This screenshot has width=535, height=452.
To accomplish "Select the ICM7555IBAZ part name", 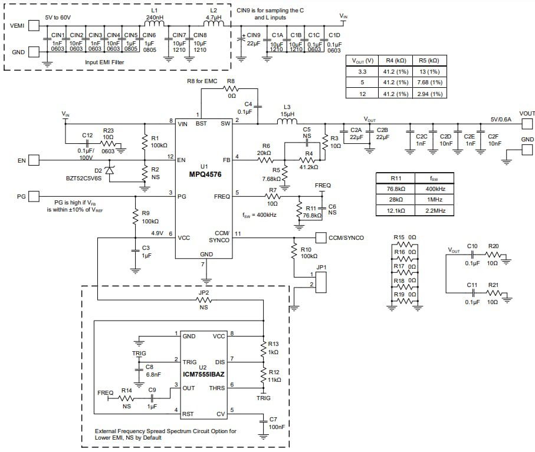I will [x=204, y=374].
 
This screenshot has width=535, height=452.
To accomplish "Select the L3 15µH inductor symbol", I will [x=287, y=123].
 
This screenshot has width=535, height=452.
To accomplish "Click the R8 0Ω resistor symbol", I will [x=231, y=87].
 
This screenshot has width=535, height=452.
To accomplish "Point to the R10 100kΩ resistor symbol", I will [x=293, y=252].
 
